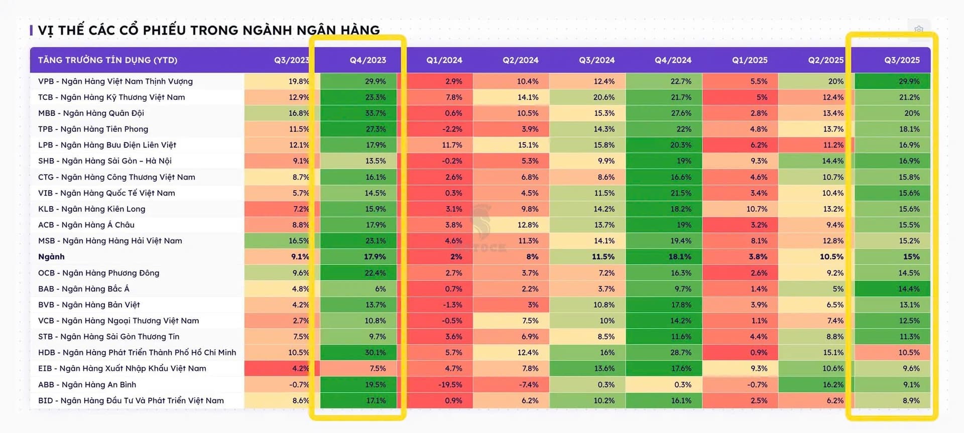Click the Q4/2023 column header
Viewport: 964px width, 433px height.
pos(368,60)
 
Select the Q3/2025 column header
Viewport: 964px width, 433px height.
pos(902,60)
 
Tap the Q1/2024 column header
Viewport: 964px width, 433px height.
pos(444,60)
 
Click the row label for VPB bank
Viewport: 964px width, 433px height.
pos(115,81)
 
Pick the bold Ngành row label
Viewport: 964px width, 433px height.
pos(51,257)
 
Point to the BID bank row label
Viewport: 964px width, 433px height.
pos(131,400)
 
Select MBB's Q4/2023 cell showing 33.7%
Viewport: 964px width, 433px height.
pos(358,113)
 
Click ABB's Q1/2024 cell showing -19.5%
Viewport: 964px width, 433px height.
pos(439,384)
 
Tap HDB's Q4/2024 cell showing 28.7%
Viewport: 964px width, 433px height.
pos(664,353)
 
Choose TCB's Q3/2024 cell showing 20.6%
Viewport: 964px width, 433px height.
pos(587,97)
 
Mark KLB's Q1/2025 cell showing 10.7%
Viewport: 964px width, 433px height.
pos(740,209)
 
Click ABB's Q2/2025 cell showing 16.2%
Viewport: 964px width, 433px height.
pos(816,384)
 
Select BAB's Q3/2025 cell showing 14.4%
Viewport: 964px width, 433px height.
pos(892,288)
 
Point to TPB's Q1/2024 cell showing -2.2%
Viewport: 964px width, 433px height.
pos(439,129)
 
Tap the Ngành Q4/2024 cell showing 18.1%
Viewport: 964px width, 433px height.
pos(664,257)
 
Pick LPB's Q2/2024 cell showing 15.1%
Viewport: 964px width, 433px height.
pos(511,145)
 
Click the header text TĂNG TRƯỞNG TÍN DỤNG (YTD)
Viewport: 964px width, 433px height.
pos(108,60)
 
